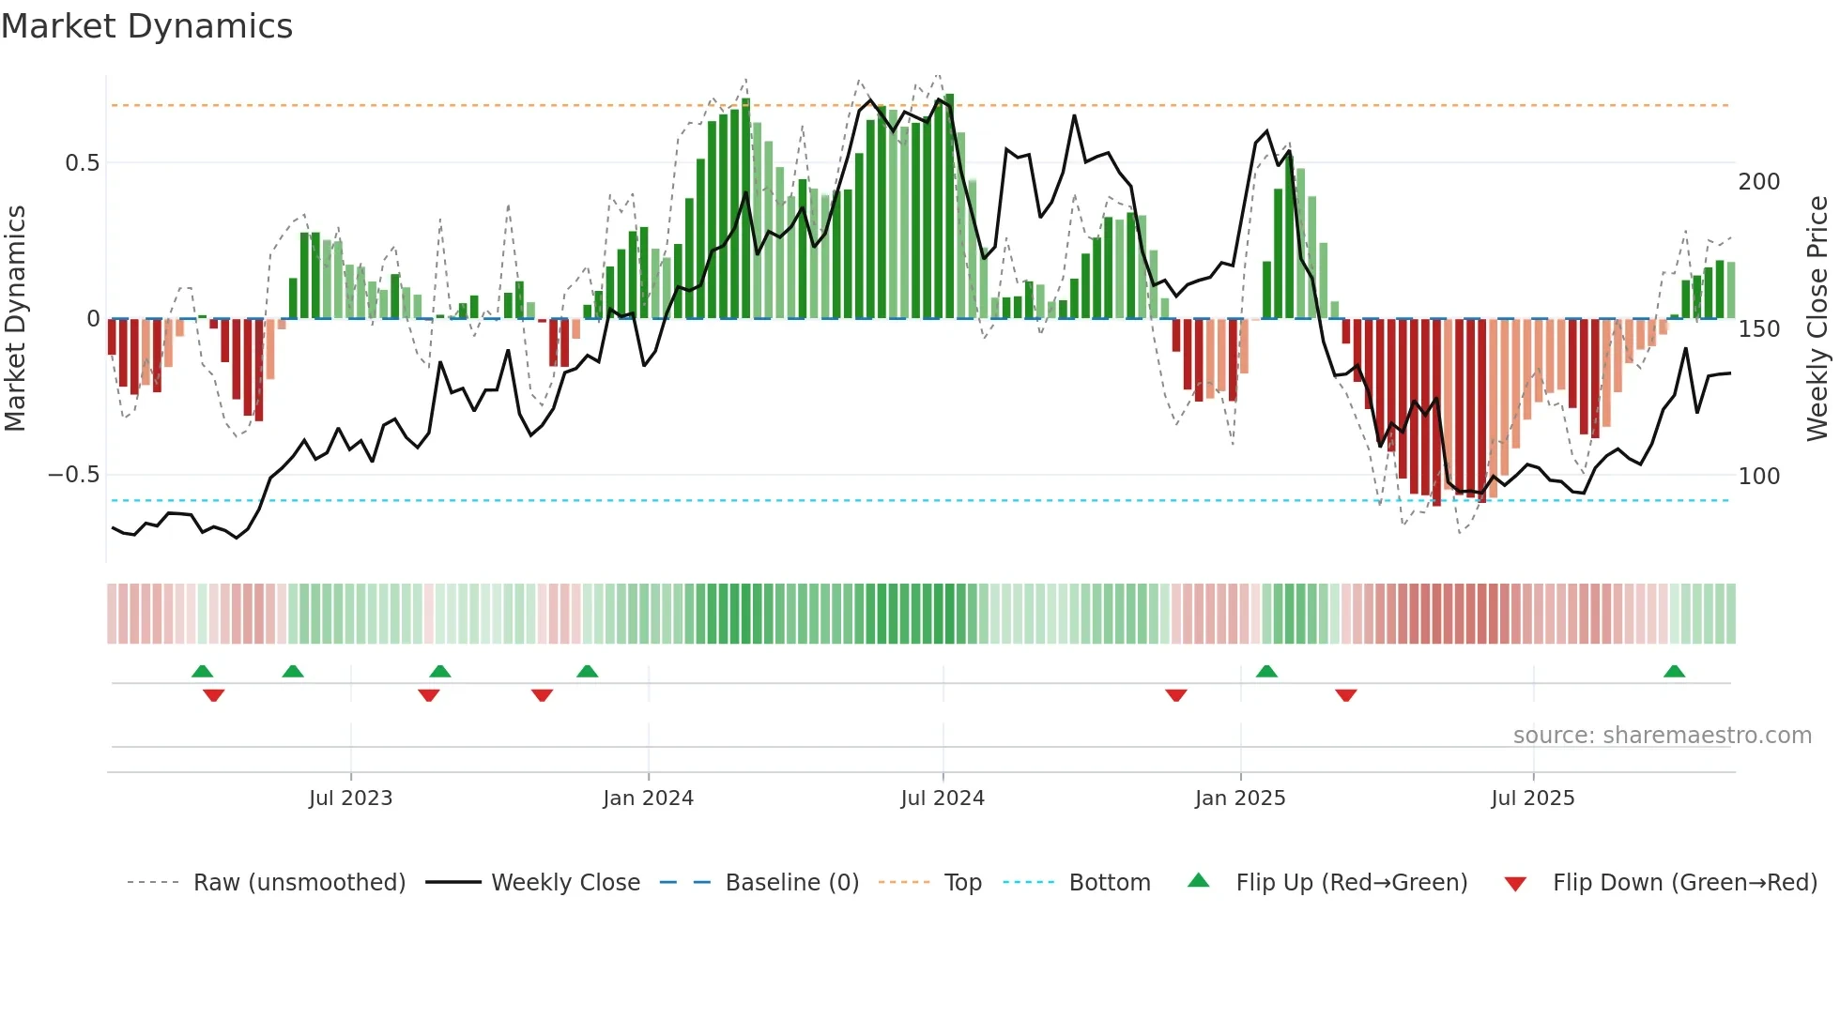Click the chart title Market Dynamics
pyautogui.click(x=146, y=26)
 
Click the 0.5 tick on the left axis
pyautogui.click(x=82, y=163)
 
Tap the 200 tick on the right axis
pyautogui.click(x=1758, y=182)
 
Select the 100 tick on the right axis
pyautogui.click(x=1758, y=477)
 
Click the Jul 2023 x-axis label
pyautogui.click(x=350, y=798)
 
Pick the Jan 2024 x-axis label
pyautogui.click(x=648, y=798)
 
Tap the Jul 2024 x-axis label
pyautogui.click(x=943, y=798)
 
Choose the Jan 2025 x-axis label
pyautogui.click(x=1240, y=798)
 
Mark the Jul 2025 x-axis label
pyautogui.click(x=1533, y=798)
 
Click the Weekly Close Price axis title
pyautogui.click(x=1817, y=319)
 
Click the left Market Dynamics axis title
pyautogui.click(x=15, y=319)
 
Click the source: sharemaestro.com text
pyautogui.click(x=1662, y=736)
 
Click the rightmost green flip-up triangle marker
pyautogui.click(x=1674, y=671)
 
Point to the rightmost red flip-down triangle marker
pyautogui.click(x=1345, y=695)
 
